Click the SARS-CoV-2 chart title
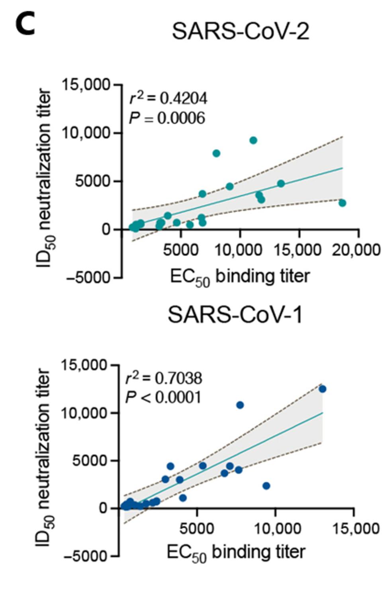240,31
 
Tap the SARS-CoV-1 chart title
235,314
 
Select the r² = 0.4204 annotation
168,98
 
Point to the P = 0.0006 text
167,118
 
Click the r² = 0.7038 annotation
164,378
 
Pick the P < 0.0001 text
163,397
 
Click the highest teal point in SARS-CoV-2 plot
253,140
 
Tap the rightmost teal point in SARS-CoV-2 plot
342,203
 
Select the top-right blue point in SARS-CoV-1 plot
322,389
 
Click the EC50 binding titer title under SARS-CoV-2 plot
240,276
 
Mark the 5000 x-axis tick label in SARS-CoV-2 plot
180,250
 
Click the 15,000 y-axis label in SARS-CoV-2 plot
86,85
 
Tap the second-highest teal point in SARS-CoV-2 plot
216,153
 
